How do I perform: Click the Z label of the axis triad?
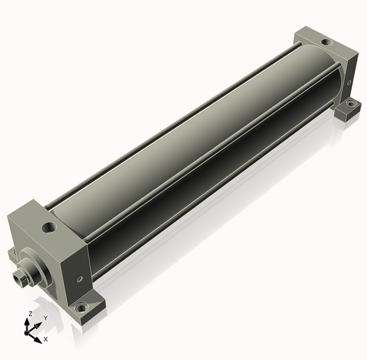(30, 313)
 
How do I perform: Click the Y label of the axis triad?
(46, 318)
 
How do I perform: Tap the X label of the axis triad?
(46, 339)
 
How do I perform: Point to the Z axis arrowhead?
(27, 323)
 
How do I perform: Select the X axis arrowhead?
(37, 340)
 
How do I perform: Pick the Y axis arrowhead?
(38, 325)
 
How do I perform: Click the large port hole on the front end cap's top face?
(49, 227)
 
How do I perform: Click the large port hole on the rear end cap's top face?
(326, 42)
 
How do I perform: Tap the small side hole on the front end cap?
(80, 279)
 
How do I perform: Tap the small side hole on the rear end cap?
(349, 83)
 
